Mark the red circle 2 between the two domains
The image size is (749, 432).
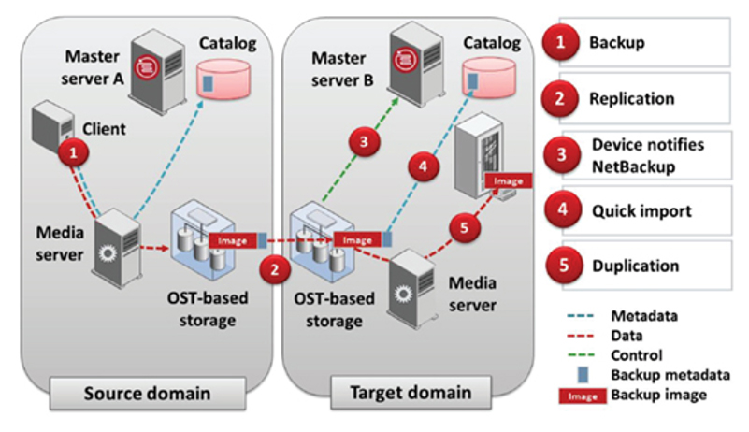(x=275, y=269)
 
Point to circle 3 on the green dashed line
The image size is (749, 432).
(x=365, y=141)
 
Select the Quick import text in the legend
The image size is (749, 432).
(x=641, y=211)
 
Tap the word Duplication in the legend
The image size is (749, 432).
(x=635, y=266)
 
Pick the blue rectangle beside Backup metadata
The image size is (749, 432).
(x=583, y=375)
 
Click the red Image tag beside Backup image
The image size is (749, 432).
(x=583, y=396)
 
